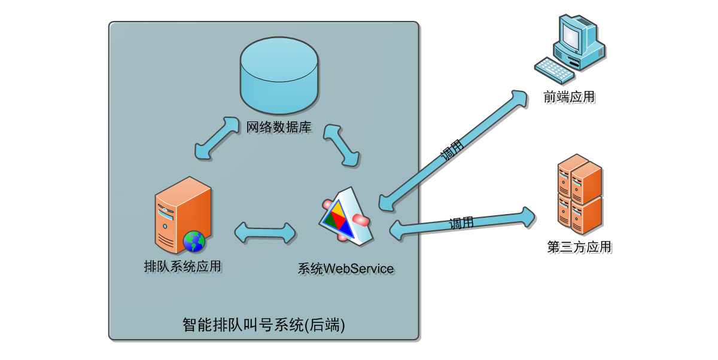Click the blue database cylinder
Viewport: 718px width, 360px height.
279,75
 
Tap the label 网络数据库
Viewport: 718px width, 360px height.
279,127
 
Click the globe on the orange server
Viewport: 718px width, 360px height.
194,241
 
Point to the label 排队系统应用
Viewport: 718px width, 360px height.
182,266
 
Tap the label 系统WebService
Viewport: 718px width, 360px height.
346,269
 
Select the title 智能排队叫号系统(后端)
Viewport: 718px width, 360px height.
264,325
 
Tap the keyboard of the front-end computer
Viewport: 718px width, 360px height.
553,69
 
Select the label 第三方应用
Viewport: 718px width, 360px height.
579,246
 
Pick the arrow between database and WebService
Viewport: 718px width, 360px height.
342,145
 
